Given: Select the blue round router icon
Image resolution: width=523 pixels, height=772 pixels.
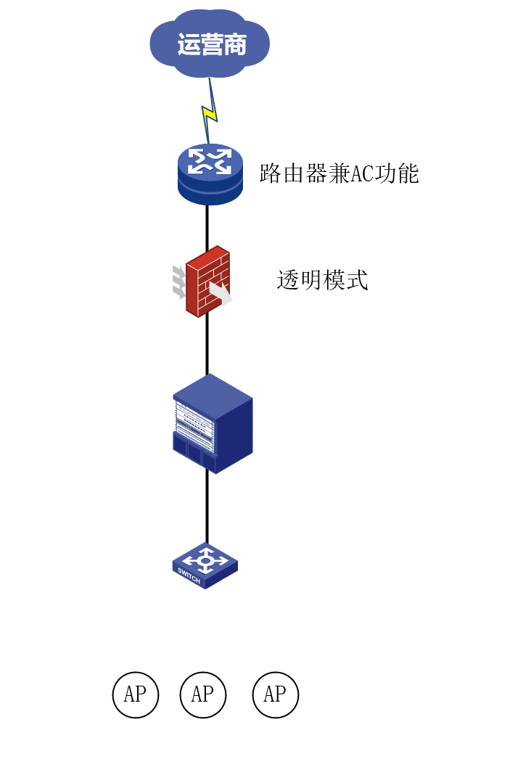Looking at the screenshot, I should [x=210, y=174].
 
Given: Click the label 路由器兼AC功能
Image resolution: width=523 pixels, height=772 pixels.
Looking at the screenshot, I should [x=339, y=174].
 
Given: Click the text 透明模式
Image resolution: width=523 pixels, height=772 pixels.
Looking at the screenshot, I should [x=323, y=280].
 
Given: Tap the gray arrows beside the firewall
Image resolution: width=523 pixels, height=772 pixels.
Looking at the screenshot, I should [x=178, y=282].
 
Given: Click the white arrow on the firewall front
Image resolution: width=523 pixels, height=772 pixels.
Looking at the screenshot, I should [x=221, y=293].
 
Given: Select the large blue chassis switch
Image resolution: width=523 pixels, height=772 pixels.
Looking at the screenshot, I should [x=213, y=424].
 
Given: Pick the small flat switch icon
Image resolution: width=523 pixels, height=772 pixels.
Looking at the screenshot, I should [x=205, y=565].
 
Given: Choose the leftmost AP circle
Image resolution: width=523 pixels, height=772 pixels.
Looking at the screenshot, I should [x=135, y=694].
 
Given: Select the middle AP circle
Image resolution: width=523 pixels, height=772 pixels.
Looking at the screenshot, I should [x=202, y=694].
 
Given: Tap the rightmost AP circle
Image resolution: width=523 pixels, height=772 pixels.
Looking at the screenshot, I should [x=275, y=694].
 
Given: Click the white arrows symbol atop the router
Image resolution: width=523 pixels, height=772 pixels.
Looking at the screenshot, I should [x=210, y=161].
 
